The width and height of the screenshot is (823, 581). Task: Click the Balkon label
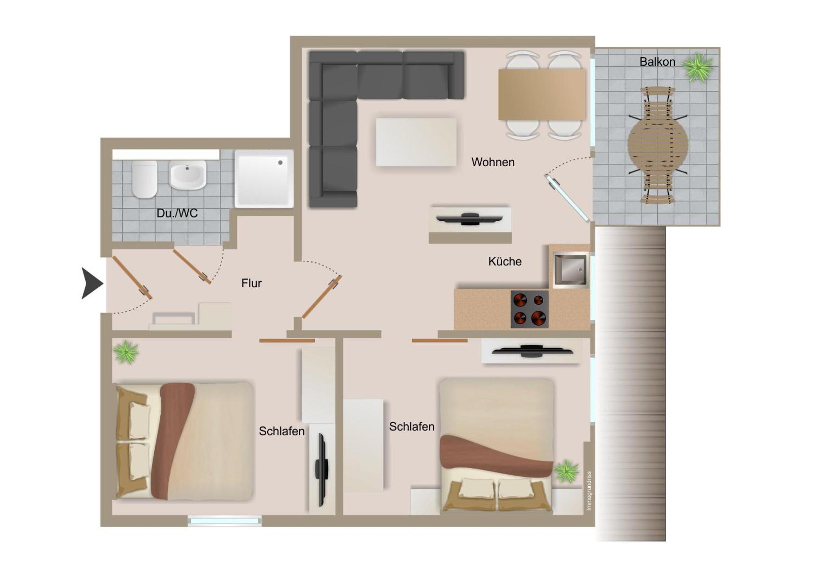pos(657,62)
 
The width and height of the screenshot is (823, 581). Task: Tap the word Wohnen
pos(493,162)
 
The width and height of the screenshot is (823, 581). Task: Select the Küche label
pos(505,261)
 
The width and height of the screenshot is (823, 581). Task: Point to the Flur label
pos(251,283)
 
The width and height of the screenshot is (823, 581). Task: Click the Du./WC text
pos(177,213)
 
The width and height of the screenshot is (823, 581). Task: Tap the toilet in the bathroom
pos(145,179)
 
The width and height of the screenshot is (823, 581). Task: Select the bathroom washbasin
pos(188,175)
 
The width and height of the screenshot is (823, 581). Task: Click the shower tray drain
pos(280,163)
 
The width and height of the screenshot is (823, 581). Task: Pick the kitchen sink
pos(570,270)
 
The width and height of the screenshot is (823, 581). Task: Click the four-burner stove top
pos(530,309)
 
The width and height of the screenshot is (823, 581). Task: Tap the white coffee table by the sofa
pos(416,142)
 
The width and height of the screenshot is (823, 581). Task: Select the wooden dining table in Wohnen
pos(542,94)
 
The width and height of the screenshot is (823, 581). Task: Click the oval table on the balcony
pos(658,145)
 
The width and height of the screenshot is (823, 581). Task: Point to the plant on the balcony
pos(697,67)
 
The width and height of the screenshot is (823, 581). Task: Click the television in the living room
pos(470,219)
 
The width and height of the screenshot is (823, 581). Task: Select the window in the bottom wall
pos(225,521)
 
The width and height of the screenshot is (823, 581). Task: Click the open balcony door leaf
pos(567,197)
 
